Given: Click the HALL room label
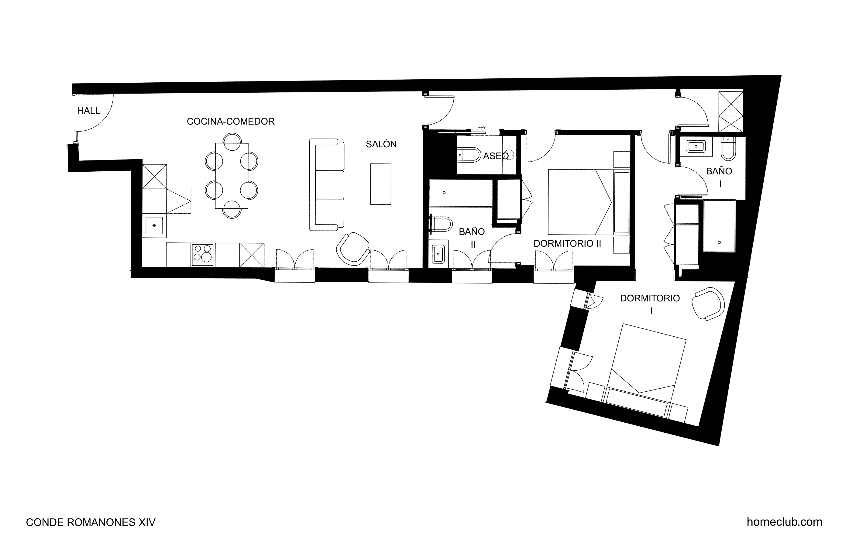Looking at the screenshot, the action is pos(88,111).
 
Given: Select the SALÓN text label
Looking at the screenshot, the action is pos(381,144).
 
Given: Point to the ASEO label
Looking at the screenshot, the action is pos(496,156).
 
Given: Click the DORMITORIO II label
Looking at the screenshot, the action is pos(567,244).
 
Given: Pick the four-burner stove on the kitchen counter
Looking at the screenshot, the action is pos(203,255).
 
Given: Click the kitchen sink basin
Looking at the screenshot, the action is pos(154,225).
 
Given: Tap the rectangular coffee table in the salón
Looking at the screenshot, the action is pos(381,184).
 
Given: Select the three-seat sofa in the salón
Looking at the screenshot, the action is pos(326,185).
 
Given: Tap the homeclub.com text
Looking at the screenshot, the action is pos(785,522).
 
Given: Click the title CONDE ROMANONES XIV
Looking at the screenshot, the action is pos(91,523).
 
